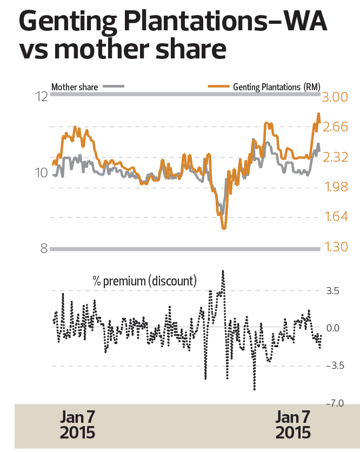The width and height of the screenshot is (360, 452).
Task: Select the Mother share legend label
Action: (75, 87)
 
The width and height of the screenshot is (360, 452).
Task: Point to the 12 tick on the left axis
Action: (41, 97)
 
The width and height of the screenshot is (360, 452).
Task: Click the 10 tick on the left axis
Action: (41, 173)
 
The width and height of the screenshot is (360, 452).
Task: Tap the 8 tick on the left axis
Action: (43, 249)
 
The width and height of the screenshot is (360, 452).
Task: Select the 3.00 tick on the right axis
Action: (337, 97)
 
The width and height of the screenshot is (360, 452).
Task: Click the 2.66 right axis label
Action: (337, 128)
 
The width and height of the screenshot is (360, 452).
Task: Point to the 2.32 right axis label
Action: (337, 158)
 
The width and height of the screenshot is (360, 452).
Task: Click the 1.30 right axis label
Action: (337, 248)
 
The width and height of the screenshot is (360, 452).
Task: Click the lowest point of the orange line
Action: (223, 229)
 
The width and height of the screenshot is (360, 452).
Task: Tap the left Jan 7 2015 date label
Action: (77, 425)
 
